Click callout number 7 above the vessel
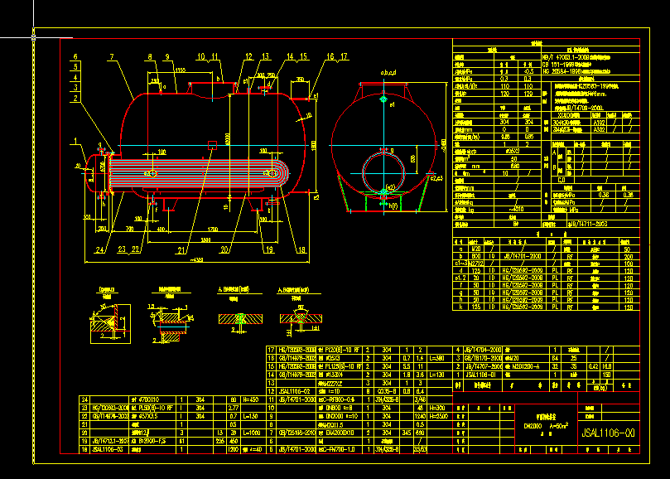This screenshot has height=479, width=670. pyautogui.click(x=109, y=57)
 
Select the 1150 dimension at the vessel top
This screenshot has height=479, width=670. pyautogui.click(x=181, y=71)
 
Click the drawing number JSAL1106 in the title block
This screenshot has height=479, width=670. pyautogui.click(x=609, y=432)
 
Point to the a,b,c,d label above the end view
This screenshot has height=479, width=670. pyautogui.click(x=388, y=74)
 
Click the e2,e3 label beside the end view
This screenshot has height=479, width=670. pyautogui.click(x=437, y=177)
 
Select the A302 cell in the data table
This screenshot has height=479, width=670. pyautogui.click(x=599, y=129)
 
